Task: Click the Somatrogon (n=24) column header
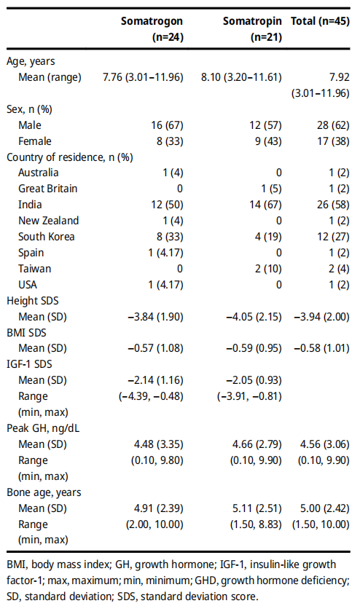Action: point(152,29)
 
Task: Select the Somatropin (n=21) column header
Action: point(252,29)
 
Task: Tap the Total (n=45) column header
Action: point(320,21)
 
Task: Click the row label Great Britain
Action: point(47,189)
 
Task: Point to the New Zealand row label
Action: point(48,221)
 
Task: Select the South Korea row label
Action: point(47,237)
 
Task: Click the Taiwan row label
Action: point(34,269)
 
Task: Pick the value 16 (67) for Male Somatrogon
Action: point(167,125)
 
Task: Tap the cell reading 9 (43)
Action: point(268,141)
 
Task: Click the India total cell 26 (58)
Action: point(333,205)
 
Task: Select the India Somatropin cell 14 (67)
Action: point(265,205)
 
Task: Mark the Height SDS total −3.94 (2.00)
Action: point(321,317)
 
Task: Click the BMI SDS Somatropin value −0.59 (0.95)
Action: point(254,348)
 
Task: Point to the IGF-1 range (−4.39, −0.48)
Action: point(151,396)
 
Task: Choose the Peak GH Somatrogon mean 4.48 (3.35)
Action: point(159,444)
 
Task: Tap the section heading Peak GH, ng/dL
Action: point(43,428)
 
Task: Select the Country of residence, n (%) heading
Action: point(70,157)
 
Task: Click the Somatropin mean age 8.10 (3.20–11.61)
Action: point(241,77)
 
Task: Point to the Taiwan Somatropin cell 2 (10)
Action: point(268,269)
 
